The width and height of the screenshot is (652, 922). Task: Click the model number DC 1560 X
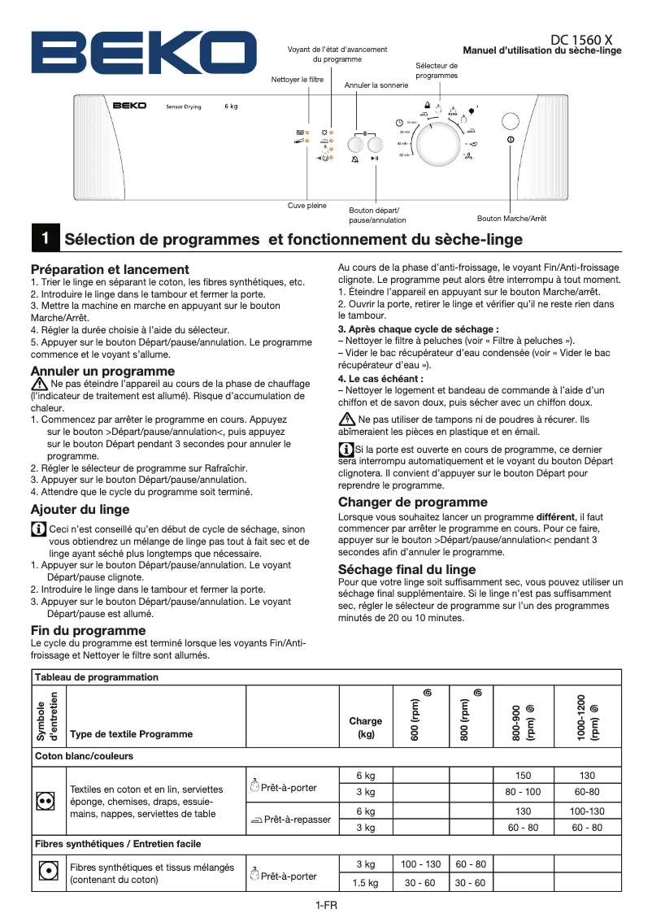click(581, 39)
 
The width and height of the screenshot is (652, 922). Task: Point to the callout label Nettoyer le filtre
click(297, 80)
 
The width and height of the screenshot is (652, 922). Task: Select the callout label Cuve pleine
click(307, 206)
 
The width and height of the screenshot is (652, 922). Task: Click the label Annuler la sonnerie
click(376, 85)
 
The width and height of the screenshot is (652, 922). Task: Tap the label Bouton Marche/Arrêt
click(511, 219)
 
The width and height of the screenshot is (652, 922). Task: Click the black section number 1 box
click(45, 239)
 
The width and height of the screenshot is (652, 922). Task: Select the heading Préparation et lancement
click(110, 269)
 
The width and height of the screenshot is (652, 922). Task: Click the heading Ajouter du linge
click(80, 510)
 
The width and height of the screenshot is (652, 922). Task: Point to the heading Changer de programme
click(413, 502)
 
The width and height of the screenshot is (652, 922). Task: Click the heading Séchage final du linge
click(407, 569)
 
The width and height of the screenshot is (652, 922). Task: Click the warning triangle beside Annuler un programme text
click(39, 383)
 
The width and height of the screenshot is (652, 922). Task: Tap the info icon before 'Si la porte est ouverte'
click(346, 449)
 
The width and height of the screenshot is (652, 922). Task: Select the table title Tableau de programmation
click(97, 677)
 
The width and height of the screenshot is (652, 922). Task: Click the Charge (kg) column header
click(365, 727)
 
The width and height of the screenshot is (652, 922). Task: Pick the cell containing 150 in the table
click(523, 776)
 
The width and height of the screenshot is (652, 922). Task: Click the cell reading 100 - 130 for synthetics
click(421, 864)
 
